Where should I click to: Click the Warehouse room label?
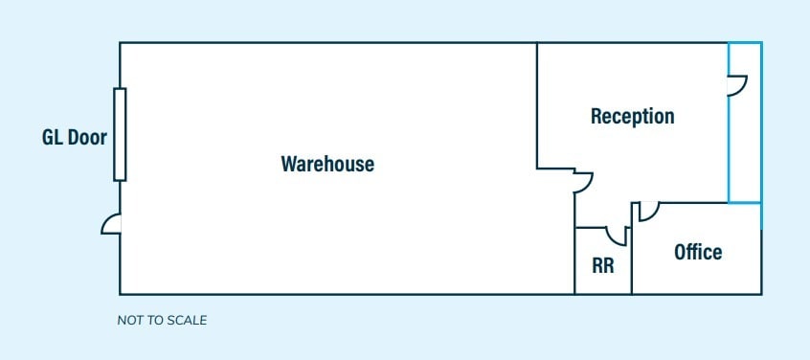point(326,164)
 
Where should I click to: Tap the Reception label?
point(632,117)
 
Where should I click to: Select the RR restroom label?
point(603,265)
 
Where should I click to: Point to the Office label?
point(698,253)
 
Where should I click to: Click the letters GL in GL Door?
point(52,138)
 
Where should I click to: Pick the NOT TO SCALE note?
point(162,320)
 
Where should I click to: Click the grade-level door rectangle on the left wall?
point(120,134)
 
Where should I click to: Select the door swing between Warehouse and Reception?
point(583,182)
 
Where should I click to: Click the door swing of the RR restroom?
point(616,235)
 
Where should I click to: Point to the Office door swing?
point(648,211)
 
